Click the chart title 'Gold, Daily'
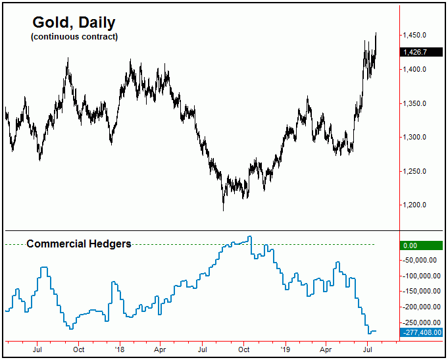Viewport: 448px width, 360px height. click(x=74, y=22)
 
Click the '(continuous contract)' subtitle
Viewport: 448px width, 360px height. click(x=74, y=37)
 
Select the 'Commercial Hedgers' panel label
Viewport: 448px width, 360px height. click(x=78, y=244)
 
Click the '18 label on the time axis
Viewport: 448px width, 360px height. click(x=119, y=349)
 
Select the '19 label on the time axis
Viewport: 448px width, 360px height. click(x=285, y=349)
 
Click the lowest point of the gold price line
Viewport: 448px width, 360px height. click(x=224, y=211)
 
